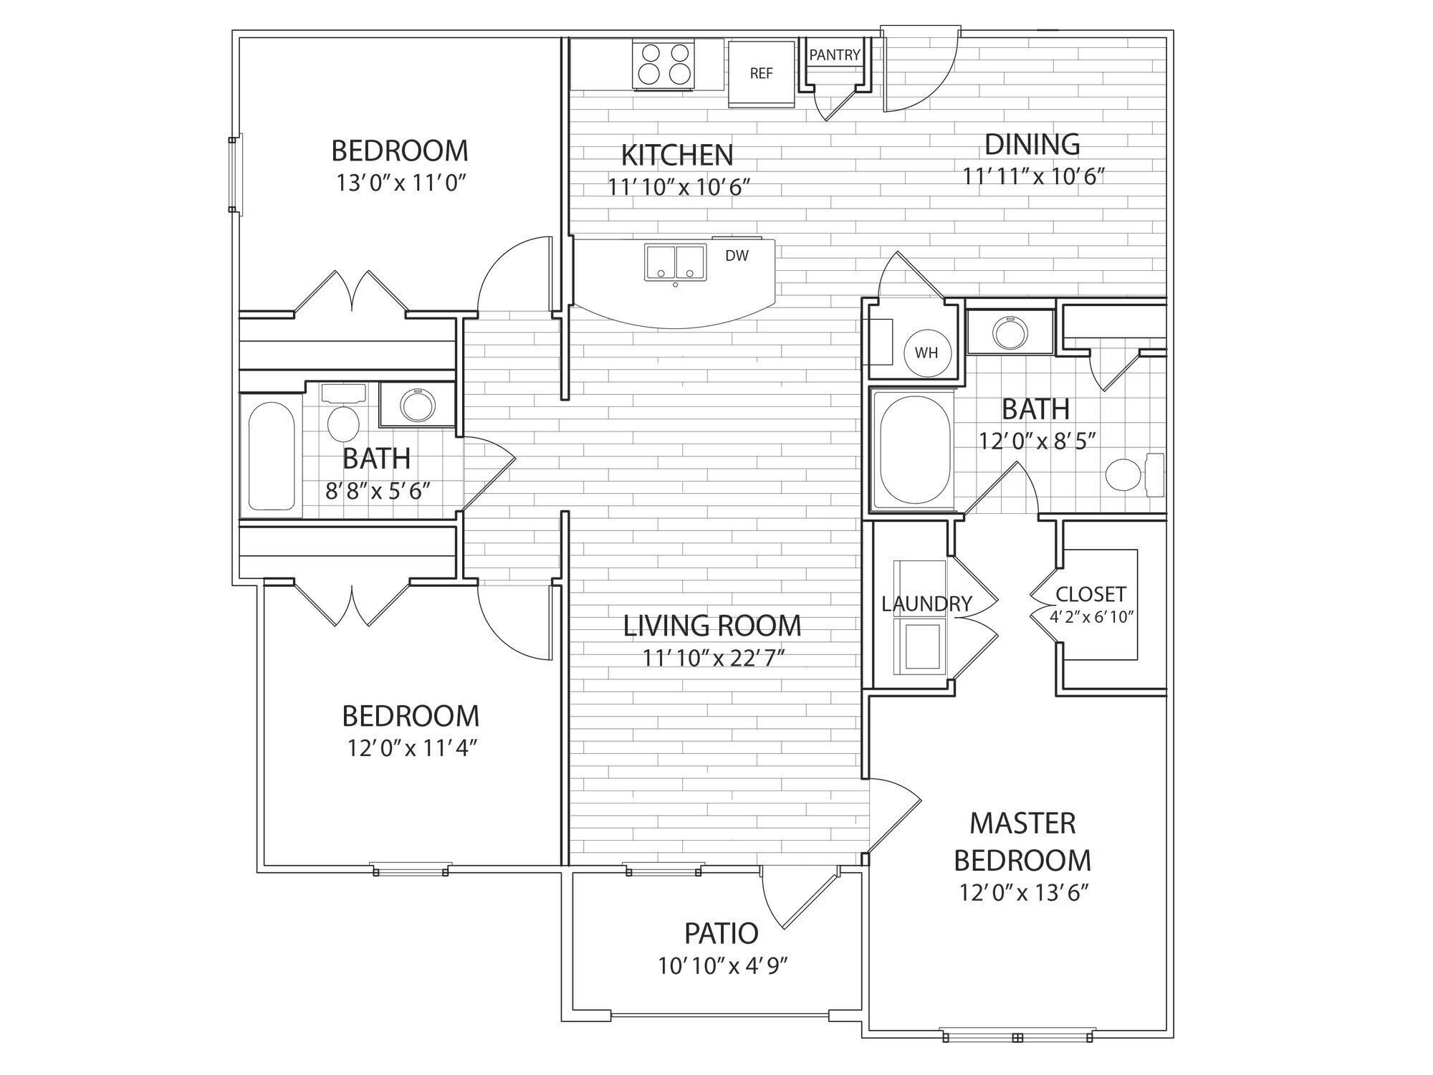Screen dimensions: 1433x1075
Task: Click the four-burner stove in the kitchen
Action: click(x=663, y=64)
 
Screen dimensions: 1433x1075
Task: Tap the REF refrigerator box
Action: click(x=762, y=74)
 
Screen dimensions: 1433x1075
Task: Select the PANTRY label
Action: click(x=835, y=54)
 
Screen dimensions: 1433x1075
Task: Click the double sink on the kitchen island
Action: click(x=676, y=262)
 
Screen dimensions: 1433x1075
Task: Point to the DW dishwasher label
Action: click(x=737, y=256)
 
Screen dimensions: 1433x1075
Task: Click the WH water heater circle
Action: click(x=926, y=353)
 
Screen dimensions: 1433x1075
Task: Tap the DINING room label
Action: click(x=1032, y=144)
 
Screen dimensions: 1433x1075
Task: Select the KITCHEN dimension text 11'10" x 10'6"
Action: click(x=679, y=187)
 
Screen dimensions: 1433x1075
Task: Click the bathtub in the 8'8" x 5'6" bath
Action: click(x=272, y=456)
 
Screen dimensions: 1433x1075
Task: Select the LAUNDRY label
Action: click(x=926, y=604)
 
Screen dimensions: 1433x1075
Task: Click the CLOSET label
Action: click(x=1091, y=594)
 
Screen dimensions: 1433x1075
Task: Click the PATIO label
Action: click(x=721, y=934)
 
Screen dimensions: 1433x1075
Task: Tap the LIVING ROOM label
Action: click(x=712, y=626)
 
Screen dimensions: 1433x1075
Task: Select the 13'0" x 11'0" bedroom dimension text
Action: click(x=401, y=183)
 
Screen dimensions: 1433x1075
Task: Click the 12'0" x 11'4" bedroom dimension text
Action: click(x=413, y=748)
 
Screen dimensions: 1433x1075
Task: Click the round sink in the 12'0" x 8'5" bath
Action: click(x=1010, y=332)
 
